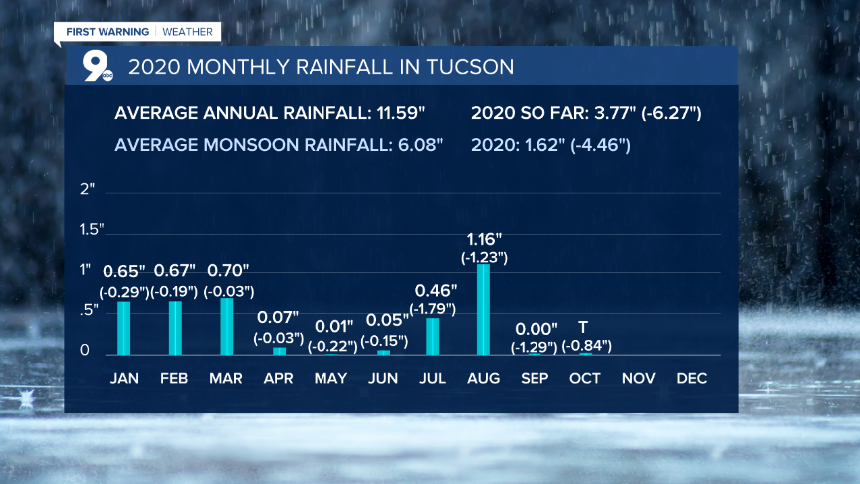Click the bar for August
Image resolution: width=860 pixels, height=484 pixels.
click(x=484, y=309)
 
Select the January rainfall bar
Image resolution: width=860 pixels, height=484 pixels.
click(x=124, y=328)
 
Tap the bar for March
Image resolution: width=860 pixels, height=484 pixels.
click(x=227, y=326)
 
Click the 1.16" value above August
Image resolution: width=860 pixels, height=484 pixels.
click(x=485, y=240)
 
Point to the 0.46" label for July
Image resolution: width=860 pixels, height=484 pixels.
click(x=434, y=290)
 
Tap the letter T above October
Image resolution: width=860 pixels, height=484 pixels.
click(x=583, y=328)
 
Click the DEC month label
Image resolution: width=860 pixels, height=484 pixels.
click(x=692, y=379)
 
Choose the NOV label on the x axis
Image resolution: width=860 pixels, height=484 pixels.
click(x=638, y=379)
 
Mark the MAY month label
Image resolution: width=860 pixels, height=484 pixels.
click(x=330, y=379)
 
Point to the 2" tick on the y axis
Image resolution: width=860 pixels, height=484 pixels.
click(x=87, y=189)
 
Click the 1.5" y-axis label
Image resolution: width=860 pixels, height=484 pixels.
click(x=91, y=230)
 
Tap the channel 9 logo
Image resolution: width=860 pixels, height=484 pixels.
click(x=97, y=66)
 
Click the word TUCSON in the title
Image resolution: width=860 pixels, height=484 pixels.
click(x=471, y=68)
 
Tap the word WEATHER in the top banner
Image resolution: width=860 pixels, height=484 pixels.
click(x=188, y=32)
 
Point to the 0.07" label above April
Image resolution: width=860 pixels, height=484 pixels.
click(x=280, y=318)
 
